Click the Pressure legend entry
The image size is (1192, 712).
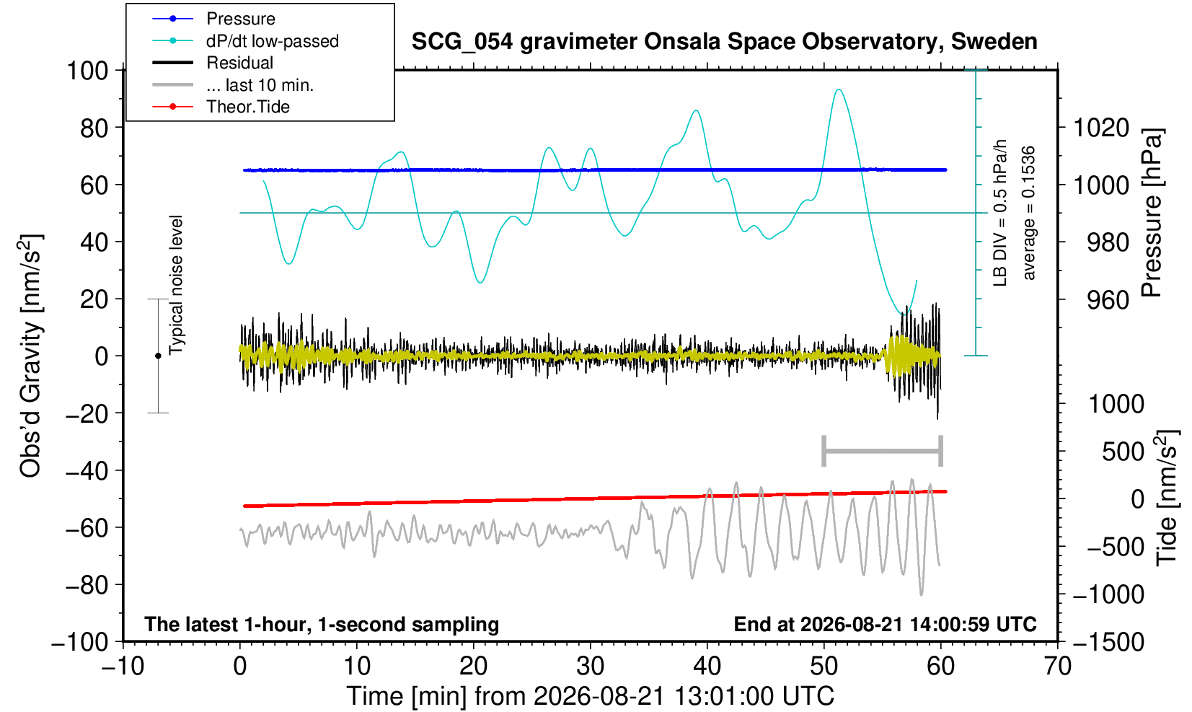tap(214, 19)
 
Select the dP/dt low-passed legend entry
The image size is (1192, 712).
tap(245, 41)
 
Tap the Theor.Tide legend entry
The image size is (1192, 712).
tap(221, 107)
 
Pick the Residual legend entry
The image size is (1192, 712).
tap(213, 63)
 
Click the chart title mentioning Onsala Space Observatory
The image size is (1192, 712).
tap(724, 42)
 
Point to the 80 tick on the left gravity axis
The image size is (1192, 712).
tap(94, 128)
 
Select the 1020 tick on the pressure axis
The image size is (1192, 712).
tap(1101, 128)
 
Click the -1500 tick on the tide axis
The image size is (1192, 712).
tap(1108, 642)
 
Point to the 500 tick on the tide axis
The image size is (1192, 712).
tap(1123, 452)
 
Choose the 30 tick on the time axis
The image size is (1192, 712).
tap(590, 667)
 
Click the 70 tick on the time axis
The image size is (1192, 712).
tap(1057, 667)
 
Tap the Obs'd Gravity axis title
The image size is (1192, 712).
tap(30, 356)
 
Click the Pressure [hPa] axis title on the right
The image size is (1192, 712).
tap(1152, 213)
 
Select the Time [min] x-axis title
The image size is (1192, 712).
tap(590, 696)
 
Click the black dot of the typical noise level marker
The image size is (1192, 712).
tap(158, 356)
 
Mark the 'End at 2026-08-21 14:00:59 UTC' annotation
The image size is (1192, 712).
tap(885, 624)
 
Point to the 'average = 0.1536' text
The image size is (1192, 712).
tap(1028, 213)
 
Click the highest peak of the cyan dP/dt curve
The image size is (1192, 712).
tap(839, 89)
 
